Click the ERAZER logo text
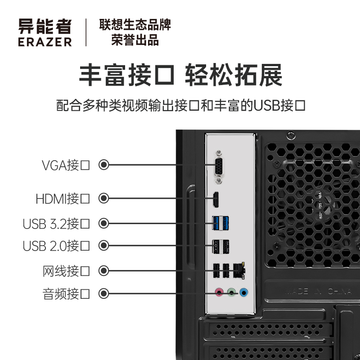(45, 42)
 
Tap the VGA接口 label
(66, 165)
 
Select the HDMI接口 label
(63, 198)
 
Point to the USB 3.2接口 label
(57, 223)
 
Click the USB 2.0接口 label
(57, 246)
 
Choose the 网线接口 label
(67, 271)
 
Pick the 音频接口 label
(67, 294)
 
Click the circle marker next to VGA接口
(104, 165)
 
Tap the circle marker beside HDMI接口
(104, 198)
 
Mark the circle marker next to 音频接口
(104, 294)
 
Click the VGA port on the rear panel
(219, 167)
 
